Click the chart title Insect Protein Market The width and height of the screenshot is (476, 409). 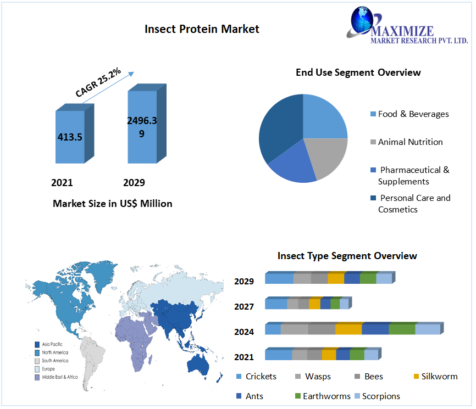202,29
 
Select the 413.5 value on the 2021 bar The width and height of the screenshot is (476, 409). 70,137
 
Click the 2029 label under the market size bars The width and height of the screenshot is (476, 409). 134,182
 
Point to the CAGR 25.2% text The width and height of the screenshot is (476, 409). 98,82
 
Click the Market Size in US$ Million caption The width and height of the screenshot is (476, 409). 112,204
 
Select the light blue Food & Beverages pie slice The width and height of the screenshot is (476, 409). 324,116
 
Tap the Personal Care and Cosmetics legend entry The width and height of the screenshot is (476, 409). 414,204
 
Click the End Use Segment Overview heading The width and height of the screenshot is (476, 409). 358,72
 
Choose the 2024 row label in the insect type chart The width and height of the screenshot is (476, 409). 243,332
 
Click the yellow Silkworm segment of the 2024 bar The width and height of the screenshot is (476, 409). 348,329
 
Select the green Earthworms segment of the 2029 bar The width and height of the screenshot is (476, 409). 368,278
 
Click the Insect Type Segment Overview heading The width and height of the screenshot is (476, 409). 347,256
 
